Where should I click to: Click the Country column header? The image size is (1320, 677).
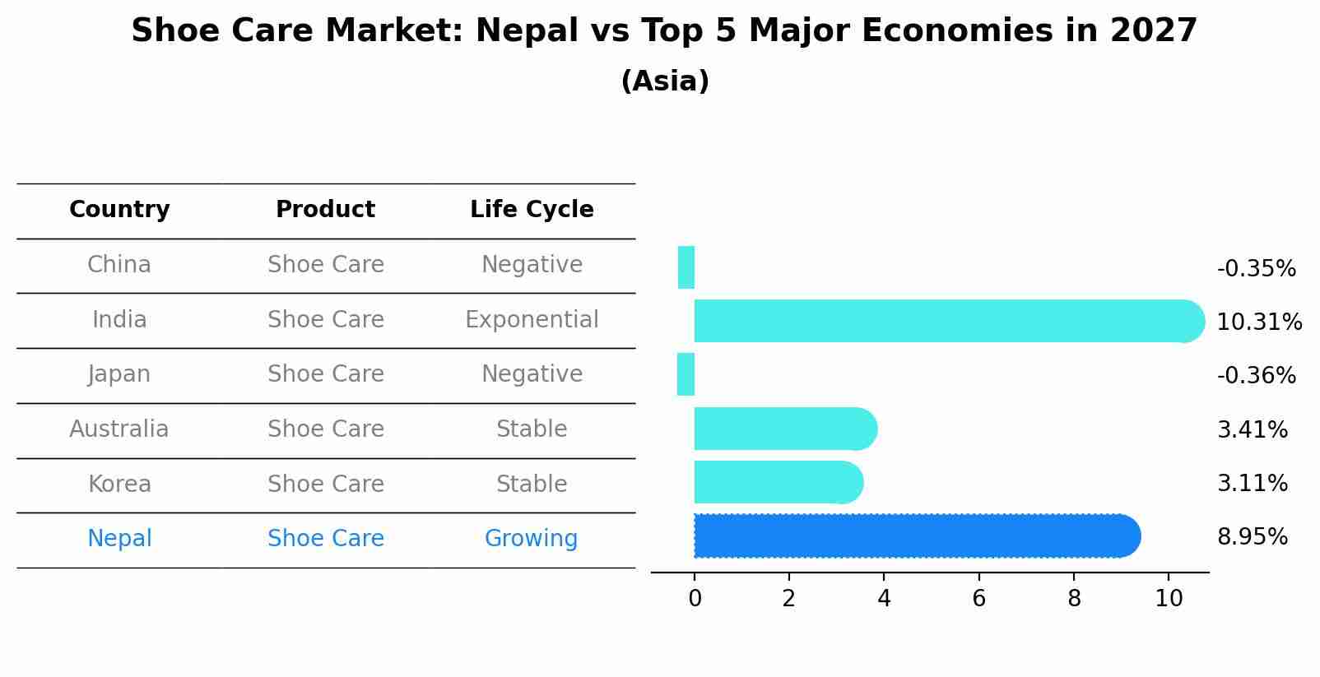pos(119,210)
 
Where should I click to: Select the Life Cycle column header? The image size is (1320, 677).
pos(532,210)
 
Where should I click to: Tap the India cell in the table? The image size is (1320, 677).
pos(119,319)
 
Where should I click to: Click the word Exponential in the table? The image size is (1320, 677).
pos(532,319)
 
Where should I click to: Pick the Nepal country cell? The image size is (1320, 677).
pos(119,539)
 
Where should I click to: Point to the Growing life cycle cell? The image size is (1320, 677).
pos(531,539)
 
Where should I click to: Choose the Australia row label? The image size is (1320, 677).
pos(119,429)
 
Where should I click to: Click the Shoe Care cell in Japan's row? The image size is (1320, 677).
pos(326,374)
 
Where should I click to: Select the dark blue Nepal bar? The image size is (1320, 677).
pos(913,536)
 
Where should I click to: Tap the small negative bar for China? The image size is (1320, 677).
pos(686,267)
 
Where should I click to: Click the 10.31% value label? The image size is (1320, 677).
pos(1259,322)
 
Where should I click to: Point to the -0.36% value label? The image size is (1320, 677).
pos(1256,376)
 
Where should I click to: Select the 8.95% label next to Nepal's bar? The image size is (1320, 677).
pos(1253,537)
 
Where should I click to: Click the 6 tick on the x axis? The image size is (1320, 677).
pos(978,599)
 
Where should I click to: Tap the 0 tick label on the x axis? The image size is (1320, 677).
pos(695,599)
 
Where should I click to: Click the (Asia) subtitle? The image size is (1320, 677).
pos(665,81)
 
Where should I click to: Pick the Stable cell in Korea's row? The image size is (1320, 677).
pos(532,485)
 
